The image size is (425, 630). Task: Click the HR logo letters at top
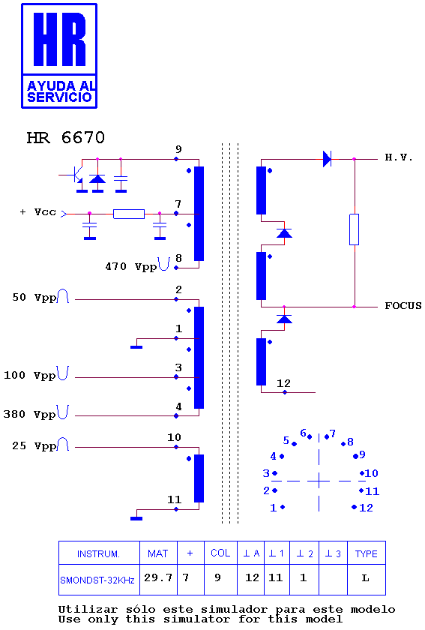pos(59,39)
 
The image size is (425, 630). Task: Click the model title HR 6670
pos(65,138)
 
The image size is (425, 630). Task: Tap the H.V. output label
pos(399,157)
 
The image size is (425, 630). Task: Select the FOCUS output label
pos(403,306)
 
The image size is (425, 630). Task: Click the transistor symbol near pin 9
pos(77,175)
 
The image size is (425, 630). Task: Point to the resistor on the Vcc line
pos(129,214)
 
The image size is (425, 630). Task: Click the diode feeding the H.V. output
pos(327,159)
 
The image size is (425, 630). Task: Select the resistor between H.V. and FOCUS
pos(354,229)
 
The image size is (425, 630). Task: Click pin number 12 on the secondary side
pos(283,383)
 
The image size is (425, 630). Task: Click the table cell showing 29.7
pos(158,577)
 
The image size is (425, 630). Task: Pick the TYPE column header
pos(367,553)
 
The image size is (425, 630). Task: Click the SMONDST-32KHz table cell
pos(97,580)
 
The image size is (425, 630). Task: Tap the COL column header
pos(220,553)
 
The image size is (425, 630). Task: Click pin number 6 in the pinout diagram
pos(304,433)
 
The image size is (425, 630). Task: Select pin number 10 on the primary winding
pos(175,437)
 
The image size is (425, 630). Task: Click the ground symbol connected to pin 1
pos(136,346)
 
